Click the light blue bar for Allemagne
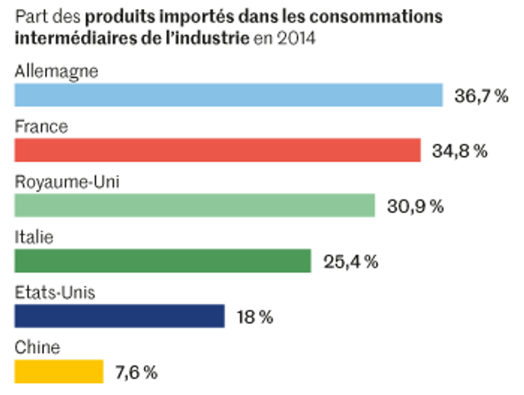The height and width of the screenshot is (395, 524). point(228,95)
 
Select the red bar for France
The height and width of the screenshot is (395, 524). point(217,150)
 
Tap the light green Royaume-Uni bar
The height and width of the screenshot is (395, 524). point(195,205)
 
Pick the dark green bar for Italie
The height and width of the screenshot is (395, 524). point(163,261)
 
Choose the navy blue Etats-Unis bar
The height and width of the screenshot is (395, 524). point(120,316)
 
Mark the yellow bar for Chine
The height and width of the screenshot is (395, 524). point(59,371)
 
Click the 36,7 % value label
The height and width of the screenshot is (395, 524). point(481,96)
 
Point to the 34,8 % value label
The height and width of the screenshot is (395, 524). point(459,151)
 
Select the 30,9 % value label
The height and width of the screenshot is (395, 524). point(415,206)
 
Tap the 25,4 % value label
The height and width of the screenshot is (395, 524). point(350,262)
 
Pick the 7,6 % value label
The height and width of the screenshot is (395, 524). point(136,372)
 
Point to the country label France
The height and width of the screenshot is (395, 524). point(41,127)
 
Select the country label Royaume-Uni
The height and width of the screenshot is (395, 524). point(66,183)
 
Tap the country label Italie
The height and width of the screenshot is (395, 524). point(34,238)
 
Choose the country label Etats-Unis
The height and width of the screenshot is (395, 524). point(55,294)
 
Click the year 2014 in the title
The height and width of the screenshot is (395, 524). point(296,37)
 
